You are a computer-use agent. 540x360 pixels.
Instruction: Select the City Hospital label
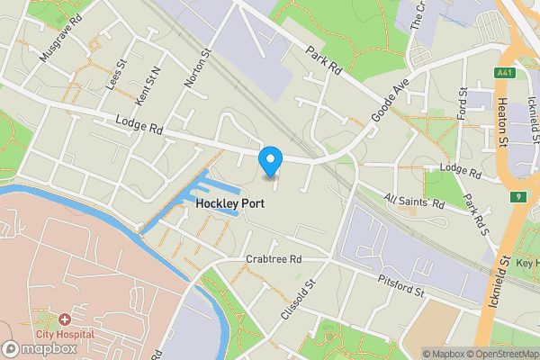64,333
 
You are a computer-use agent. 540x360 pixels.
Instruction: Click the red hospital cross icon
64,319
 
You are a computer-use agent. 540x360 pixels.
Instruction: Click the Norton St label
197,68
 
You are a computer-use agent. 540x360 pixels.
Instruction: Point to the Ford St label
463,104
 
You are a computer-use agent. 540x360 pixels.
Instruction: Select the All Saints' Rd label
415,202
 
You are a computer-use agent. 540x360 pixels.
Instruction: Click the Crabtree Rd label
274,259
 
